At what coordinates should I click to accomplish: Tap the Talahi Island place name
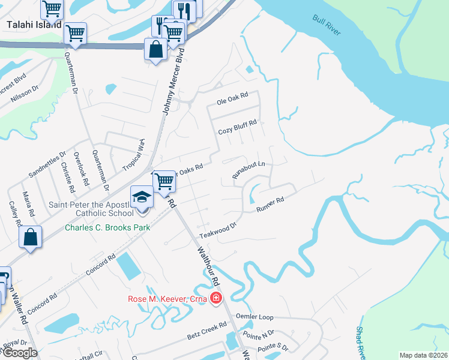coord(34,25)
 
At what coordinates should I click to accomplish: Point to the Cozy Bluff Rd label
coord(237,127)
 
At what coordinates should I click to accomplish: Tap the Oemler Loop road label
coord(256,316)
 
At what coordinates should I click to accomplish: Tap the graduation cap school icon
coord(142,197)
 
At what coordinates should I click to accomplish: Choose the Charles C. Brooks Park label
coord(107,227)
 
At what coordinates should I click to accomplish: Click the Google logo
coord(20,353)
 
